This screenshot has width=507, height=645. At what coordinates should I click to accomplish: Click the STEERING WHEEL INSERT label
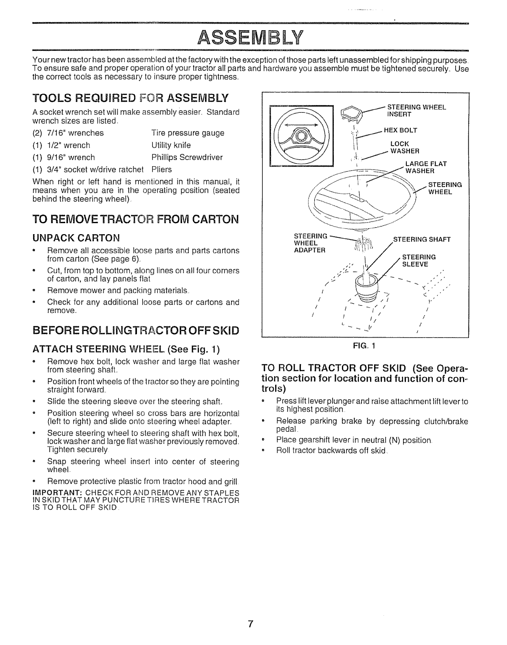click(417, 111)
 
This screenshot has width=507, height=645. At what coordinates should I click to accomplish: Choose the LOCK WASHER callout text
click(405, 147)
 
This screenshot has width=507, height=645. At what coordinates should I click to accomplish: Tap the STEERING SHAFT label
click(421, 239)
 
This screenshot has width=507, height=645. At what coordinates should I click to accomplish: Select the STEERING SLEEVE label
click(419, 260)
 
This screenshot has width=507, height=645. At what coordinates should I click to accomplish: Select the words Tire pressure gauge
click(187, 133)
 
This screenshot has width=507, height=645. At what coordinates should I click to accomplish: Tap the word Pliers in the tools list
click(161, 169)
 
